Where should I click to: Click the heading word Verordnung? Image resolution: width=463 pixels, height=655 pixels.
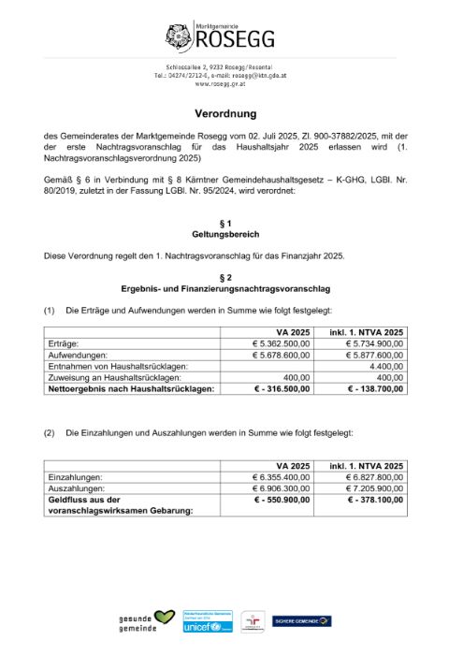click(x=231, y=110)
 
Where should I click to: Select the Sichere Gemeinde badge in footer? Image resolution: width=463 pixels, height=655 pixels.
click(x=301, y=620)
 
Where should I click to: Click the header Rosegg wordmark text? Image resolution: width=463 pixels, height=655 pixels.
click(x=234, y=39)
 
